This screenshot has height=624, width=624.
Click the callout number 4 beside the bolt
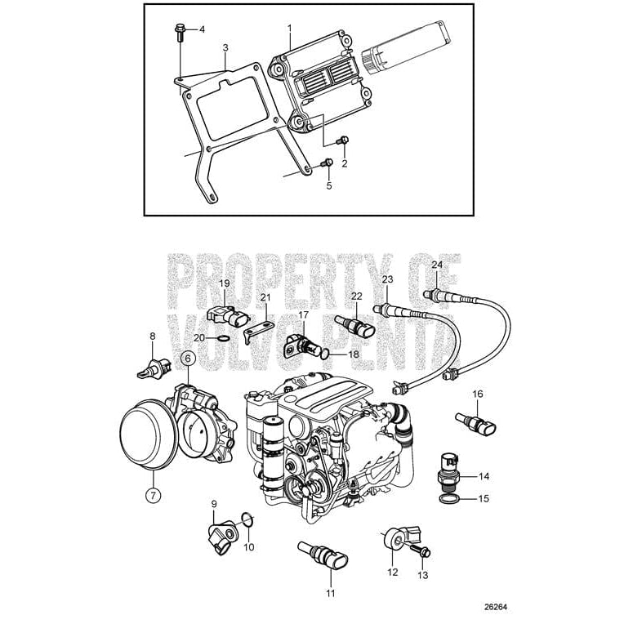(202, 29)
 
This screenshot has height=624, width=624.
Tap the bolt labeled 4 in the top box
(179, 33)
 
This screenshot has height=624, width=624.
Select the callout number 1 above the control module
(289, 28)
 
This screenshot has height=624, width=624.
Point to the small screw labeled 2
(343, 144)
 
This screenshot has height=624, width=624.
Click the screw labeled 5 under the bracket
(328, 166)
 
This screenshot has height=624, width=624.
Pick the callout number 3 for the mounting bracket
(225, 49)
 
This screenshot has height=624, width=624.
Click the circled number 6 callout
(187, 358)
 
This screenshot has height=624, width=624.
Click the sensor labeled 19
(229, 314)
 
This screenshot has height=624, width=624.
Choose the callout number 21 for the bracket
(265, 296)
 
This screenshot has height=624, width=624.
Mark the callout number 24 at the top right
(436, 265)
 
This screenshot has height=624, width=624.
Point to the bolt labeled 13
(422, 552)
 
